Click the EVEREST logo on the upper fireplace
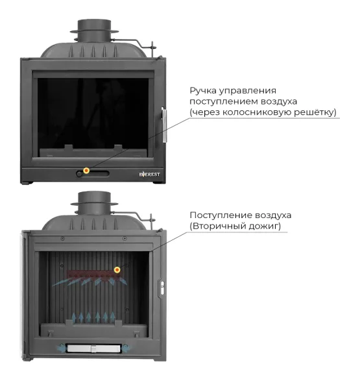(150, 174)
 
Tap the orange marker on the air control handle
(86, 170)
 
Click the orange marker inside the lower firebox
(117, 270)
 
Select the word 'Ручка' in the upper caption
(203, 91)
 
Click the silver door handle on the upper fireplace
(164, 125)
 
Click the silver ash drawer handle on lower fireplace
(93, 349)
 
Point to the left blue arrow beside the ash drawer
(62, 348)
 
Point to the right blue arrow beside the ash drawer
(126, 349)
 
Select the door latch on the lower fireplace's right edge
(162, 288)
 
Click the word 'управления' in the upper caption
(248, 92)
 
